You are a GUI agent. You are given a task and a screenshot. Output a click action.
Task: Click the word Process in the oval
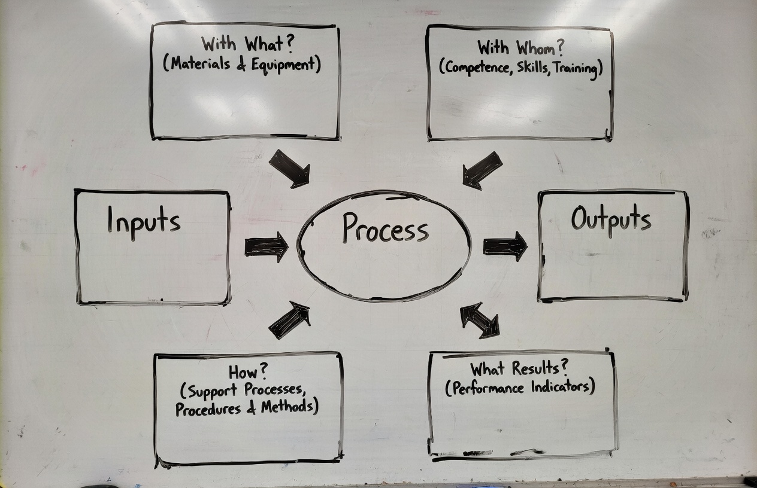point(385,229)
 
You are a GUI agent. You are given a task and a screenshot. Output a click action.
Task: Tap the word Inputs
point(144,221)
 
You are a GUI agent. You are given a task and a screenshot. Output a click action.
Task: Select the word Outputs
point(610,219)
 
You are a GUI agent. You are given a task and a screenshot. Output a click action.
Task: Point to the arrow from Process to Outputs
point(505,246)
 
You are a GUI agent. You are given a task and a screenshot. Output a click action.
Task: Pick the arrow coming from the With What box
point(290,168)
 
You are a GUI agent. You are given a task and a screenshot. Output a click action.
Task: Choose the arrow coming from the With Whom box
point(482,170)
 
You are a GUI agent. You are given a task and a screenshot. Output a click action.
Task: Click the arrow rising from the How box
point(290,320)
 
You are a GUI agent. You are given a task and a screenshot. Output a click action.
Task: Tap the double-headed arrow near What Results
point(480,320)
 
